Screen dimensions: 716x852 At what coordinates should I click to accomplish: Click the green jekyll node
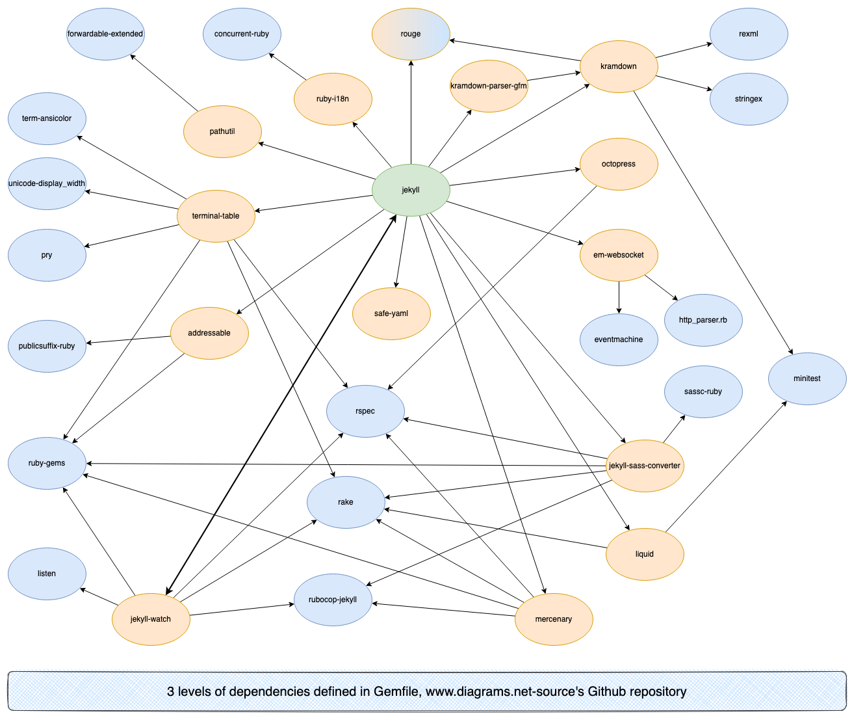tap(411, 190)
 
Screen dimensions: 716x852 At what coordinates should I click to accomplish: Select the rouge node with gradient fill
tap(411, 34)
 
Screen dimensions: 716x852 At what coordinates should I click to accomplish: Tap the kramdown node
tap(619, 66)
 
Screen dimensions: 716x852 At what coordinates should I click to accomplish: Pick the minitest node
tap(807, 378)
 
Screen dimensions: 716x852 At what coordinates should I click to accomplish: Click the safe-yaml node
tap(391, 313)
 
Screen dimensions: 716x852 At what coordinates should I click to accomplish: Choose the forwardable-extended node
tap(105, 34)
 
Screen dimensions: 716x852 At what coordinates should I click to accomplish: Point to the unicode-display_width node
tap(47, 183)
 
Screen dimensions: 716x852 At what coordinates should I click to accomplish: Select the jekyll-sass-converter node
tap(645, 466)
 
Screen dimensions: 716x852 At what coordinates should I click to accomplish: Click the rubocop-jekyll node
tap(333, 600)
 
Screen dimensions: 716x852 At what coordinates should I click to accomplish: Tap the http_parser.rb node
tap(703, 320)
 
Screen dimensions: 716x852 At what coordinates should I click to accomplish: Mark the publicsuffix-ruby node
tap(47, 346)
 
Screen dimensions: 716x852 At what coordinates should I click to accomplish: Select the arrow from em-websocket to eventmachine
tap(619, 297)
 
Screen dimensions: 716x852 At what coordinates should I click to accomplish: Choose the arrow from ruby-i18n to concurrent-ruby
tap(288, 67)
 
